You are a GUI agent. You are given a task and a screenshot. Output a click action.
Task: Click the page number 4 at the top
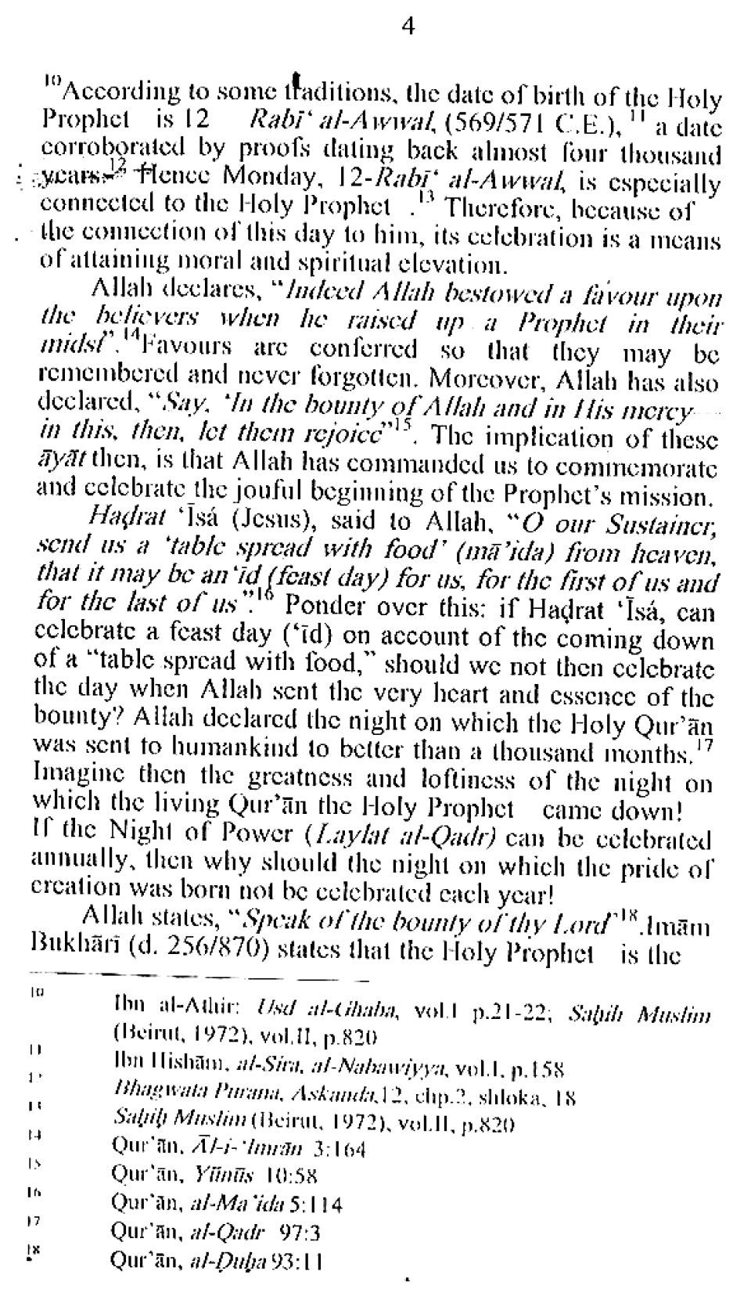408,27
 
